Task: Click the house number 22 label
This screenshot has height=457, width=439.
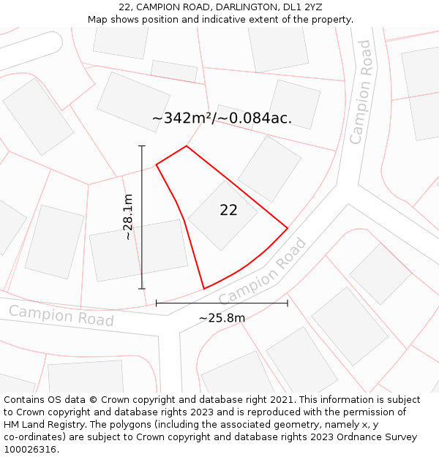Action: coord(228,211)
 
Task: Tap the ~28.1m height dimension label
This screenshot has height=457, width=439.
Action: coord(128,217)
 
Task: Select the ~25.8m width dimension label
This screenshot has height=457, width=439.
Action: coord(222,317)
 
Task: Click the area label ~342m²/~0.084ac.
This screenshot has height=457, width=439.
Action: coord(222,118)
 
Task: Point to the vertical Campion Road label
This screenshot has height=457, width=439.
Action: coord(360,92)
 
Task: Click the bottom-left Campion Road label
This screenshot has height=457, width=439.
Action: coord(61,316)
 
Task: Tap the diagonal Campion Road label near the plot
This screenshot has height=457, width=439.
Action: coord(261,272)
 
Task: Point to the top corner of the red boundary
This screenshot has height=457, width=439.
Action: coord(187,146)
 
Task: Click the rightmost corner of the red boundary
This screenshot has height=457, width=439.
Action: coord(287,229)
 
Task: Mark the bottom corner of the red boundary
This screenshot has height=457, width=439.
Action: coord(203,289)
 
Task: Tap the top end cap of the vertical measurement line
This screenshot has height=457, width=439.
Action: coord(142,146)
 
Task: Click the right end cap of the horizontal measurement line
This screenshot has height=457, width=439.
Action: coord(288,303)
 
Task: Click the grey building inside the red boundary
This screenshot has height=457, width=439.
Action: coord(222,215)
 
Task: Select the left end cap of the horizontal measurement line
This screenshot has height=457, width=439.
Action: coord(157,303)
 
